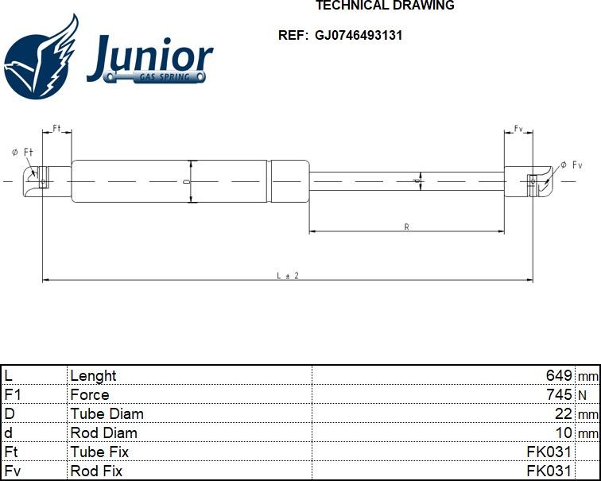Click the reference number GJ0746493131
point(359,35)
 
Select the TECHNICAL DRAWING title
point(385,6)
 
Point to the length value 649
point(559,375)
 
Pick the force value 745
point(559,394)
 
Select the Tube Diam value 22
point(564,413)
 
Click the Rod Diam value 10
point(564,433)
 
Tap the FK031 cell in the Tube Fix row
point(549,452)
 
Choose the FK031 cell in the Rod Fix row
point(549,471)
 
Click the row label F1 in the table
point(12,394)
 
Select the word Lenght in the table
point(93,375)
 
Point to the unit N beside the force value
point(583,395)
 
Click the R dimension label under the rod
point(406,227)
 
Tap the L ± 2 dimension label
point(287,275)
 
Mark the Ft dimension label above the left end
point(57,128)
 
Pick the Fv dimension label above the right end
point(518,128)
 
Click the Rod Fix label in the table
point(96,471)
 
